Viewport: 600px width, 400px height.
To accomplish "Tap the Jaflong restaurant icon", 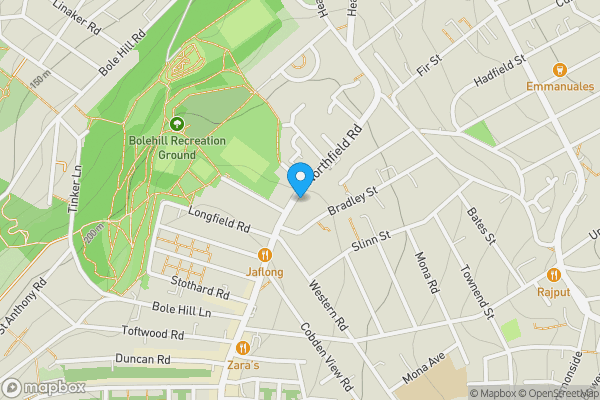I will [x=265, y=255].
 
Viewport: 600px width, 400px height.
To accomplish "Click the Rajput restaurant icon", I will [x=553, y=275].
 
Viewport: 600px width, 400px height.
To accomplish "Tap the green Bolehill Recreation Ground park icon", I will [x=177, y=124].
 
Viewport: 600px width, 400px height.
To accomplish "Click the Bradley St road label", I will [x=357, y=194].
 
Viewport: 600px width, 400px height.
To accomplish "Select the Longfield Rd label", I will [x=218, y=220].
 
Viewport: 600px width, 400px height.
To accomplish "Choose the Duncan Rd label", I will [x=142, y=359].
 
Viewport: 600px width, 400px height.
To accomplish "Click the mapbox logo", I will [x=43, y=387].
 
